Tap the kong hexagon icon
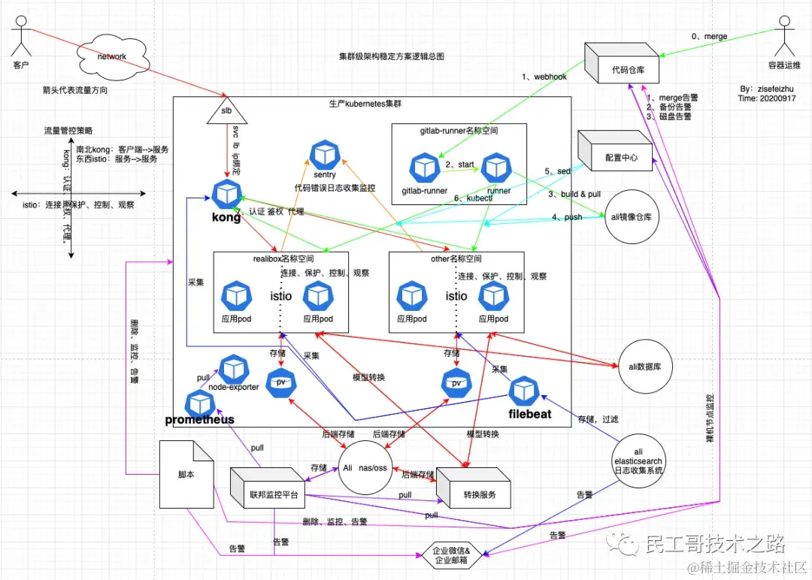coord(225,195)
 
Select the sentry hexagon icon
coord(324,155)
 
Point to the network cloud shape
coord(111,57)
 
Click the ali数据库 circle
coord(644,365)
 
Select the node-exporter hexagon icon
coord(233,369)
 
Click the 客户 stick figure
coord(20,39)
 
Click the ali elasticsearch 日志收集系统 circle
coord(638,457)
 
